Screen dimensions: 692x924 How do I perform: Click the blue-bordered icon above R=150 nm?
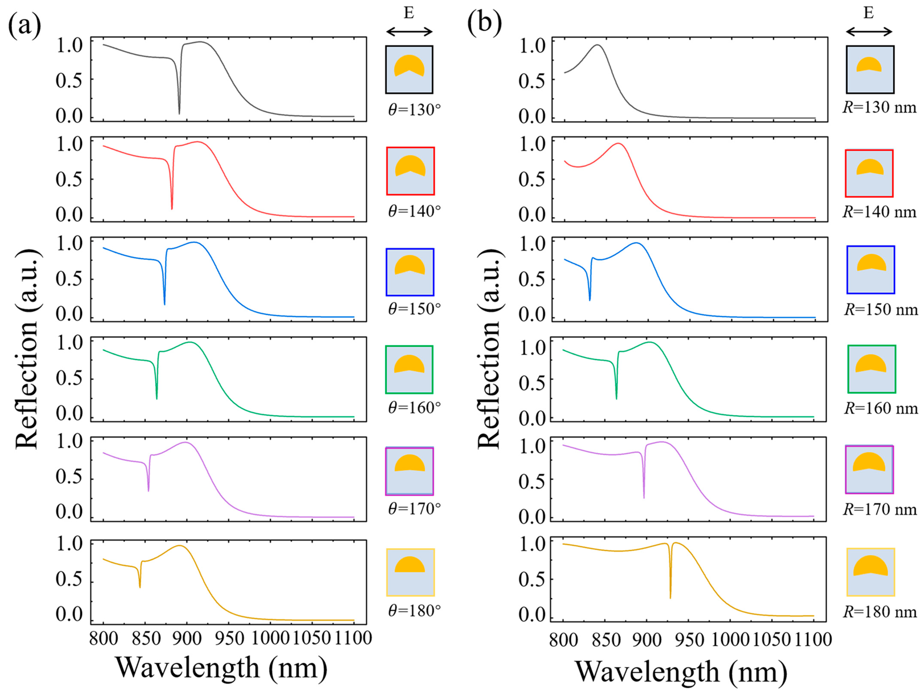click(871, 270)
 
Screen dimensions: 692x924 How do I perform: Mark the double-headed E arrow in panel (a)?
click(409, 31)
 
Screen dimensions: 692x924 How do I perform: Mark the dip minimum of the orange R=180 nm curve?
click(670, 598)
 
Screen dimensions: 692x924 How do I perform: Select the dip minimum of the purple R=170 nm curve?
click(644, 498)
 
